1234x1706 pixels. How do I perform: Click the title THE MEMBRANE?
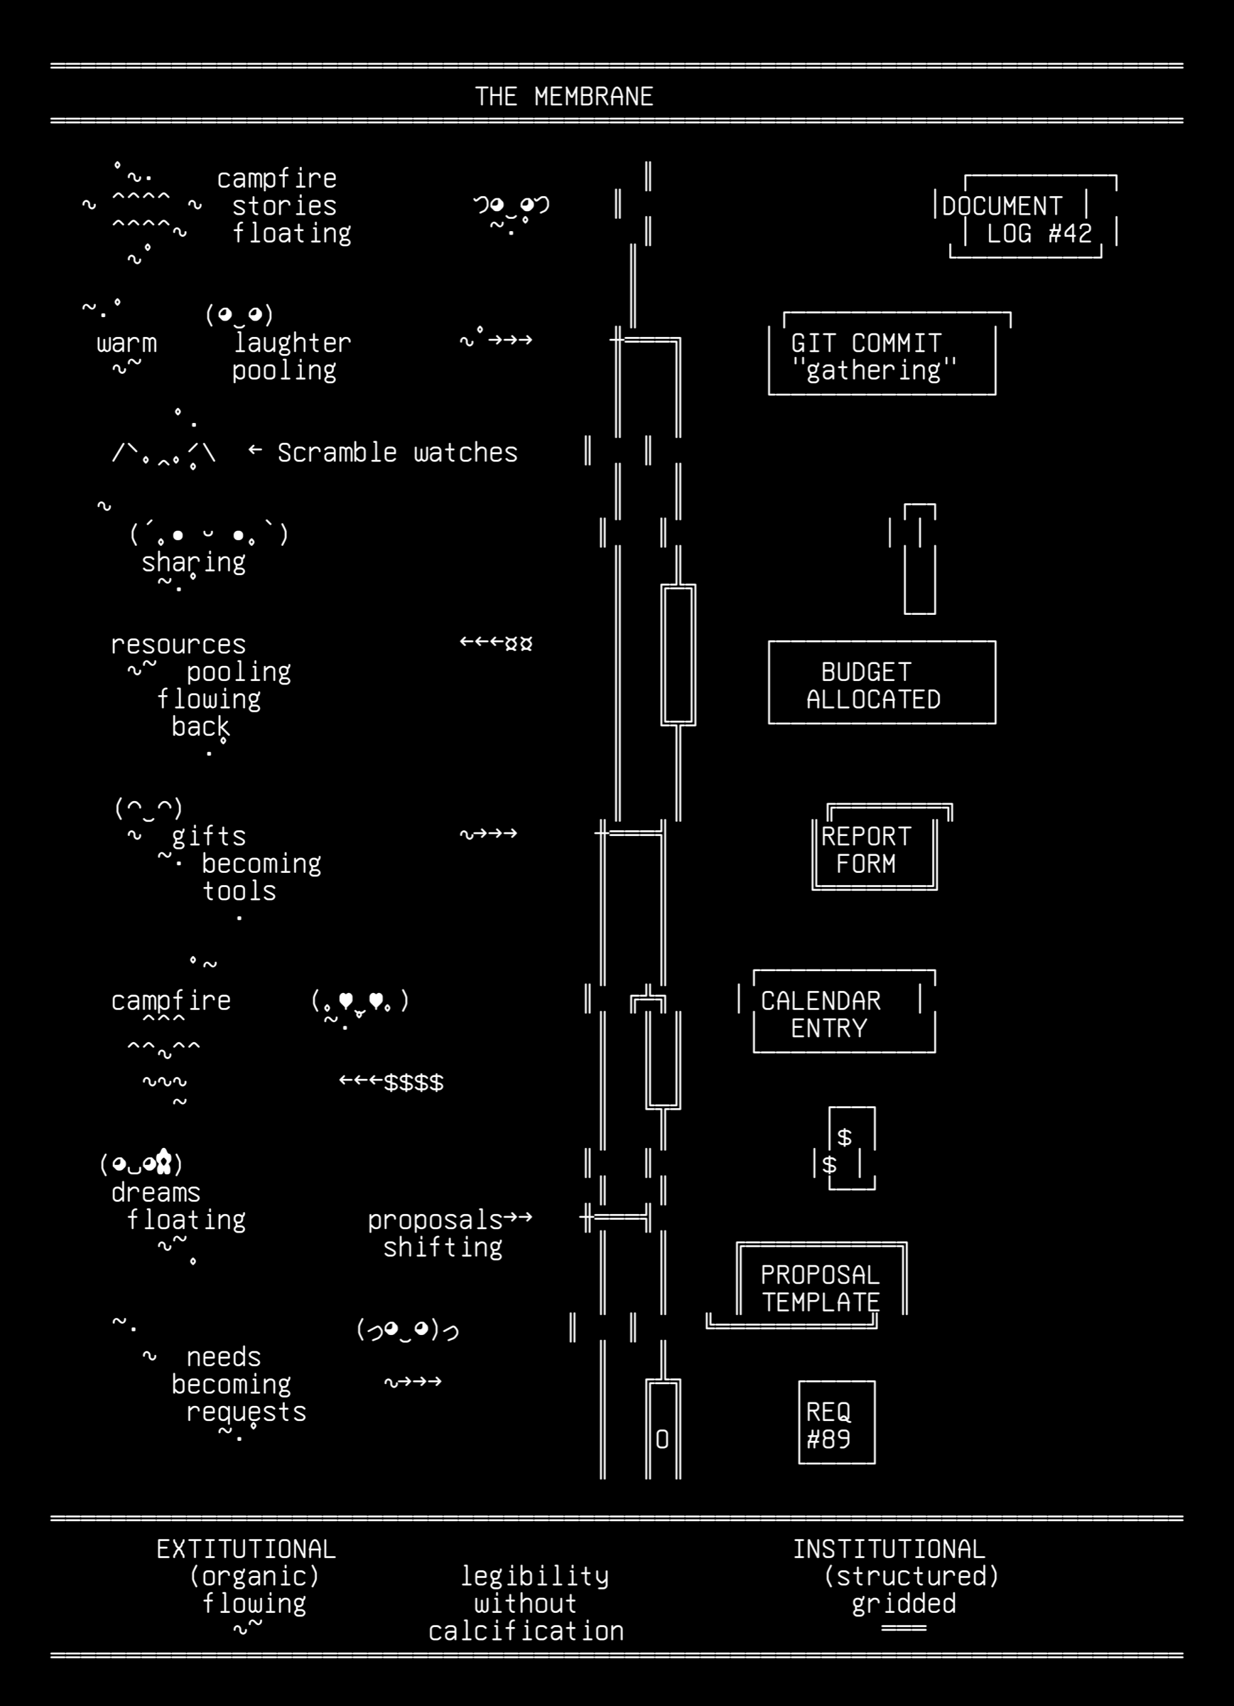(x=564, y=96)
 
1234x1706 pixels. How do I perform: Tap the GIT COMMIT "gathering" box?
(x=889, y=353)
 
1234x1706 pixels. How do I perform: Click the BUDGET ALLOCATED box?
(x=882, y=682)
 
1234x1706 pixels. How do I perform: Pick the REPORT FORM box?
(x=882, y=848)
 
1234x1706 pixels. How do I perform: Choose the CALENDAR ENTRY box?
(x=837, y=1012)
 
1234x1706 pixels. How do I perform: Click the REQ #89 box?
(x=837, y=1422)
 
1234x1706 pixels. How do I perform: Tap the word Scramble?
(x=337, y=452)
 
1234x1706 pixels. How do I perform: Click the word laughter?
(x=292, y=343)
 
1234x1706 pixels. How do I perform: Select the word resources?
(x=179, y=645)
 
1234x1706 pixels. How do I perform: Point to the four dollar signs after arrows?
(x=413, y=1083)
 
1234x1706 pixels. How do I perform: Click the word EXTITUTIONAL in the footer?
(x=246, y=1549)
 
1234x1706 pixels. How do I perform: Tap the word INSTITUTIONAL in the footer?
(x=889, y=1549)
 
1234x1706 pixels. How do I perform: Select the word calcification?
(x=526, y=1631)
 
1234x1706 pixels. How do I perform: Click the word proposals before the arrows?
(x=435, y=1219)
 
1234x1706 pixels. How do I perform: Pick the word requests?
(x=247, y=1412)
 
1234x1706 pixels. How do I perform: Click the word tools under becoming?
(x=239, y=891)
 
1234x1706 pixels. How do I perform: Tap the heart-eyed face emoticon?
(x=360, y=1002)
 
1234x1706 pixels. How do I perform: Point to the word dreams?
(x=156, y=1192)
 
